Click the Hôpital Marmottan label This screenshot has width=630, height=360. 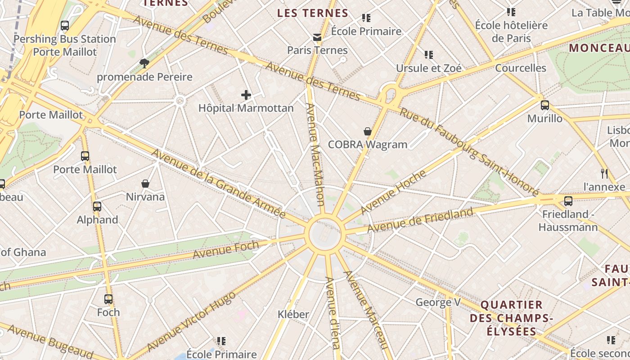[246, 108]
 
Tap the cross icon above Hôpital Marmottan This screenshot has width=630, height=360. [246, 95]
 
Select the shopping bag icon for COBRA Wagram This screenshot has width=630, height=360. [368, 131]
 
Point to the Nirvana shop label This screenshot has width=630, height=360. [145, 197]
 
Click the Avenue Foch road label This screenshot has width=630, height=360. [226, 249]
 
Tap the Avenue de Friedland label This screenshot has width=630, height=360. [420, 220]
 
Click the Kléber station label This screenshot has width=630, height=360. [293, 314]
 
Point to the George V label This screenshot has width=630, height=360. [438, 302]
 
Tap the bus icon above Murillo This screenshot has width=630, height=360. [545, 105]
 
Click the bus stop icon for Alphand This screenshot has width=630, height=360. [97, 207]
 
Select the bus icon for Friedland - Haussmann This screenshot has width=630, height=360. [568, 201]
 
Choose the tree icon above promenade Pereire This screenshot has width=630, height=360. [144, 63]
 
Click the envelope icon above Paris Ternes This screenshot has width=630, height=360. [318, 37]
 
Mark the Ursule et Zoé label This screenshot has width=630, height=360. [428, 68]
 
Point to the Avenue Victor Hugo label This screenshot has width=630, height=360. [191, 321]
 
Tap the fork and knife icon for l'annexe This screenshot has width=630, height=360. [604, 173]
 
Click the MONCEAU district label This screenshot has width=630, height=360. [598, 48]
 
